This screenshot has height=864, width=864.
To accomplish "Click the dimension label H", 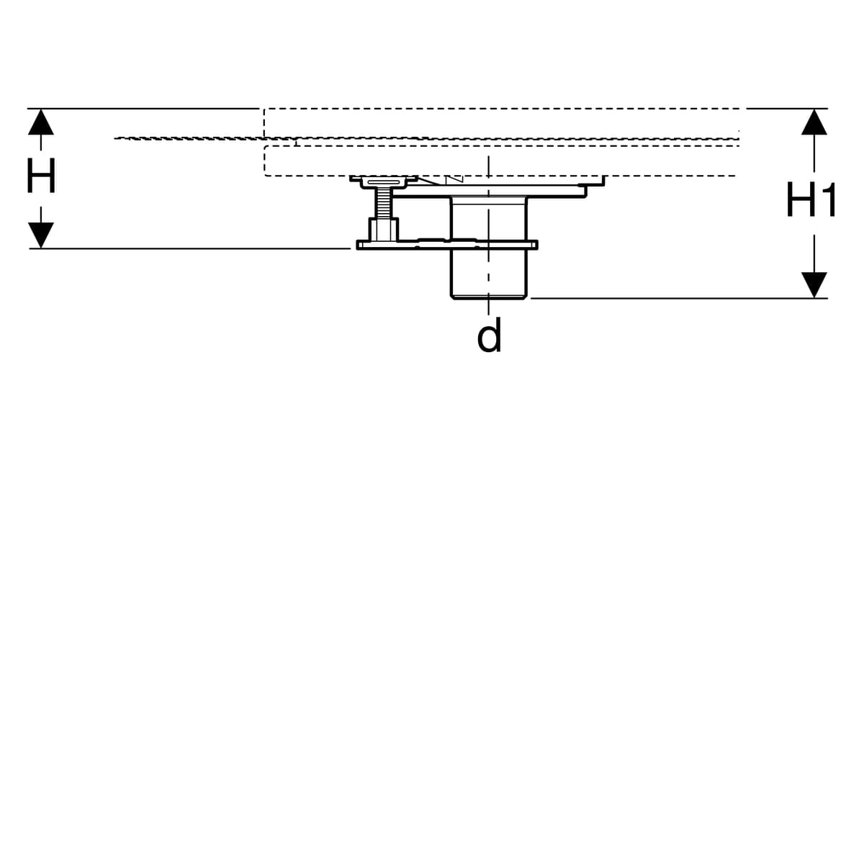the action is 41,175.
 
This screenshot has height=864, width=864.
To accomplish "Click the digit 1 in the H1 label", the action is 827,199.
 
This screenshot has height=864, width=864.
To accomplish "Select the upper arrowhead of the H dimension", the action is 41,122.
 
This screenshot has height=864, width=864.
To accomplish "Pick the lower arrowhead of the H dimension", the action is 41,235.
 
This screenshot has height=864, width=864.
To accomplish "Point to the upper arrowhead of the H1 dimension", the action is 814,122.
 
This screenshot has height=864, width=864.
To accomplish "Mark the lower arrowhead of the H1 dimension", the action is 814,285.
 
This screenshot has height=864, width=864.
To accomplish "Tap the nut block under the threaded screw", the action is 383,230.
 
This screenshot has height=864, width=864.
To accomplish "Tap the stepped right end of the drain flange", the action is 595,186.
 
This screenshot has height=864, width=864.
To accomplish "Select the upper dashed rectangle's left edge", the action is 264,123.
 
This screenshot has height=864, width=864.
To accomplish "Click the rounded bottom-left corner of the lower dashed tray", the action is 266,174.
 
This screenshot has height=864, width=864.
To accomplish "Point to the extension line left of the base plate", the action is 189,248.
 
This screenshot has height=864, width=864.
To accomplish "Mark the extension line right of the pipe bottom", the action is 679,298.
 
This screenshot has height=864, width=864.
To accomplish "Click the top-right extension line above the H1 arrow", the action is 787,109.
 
